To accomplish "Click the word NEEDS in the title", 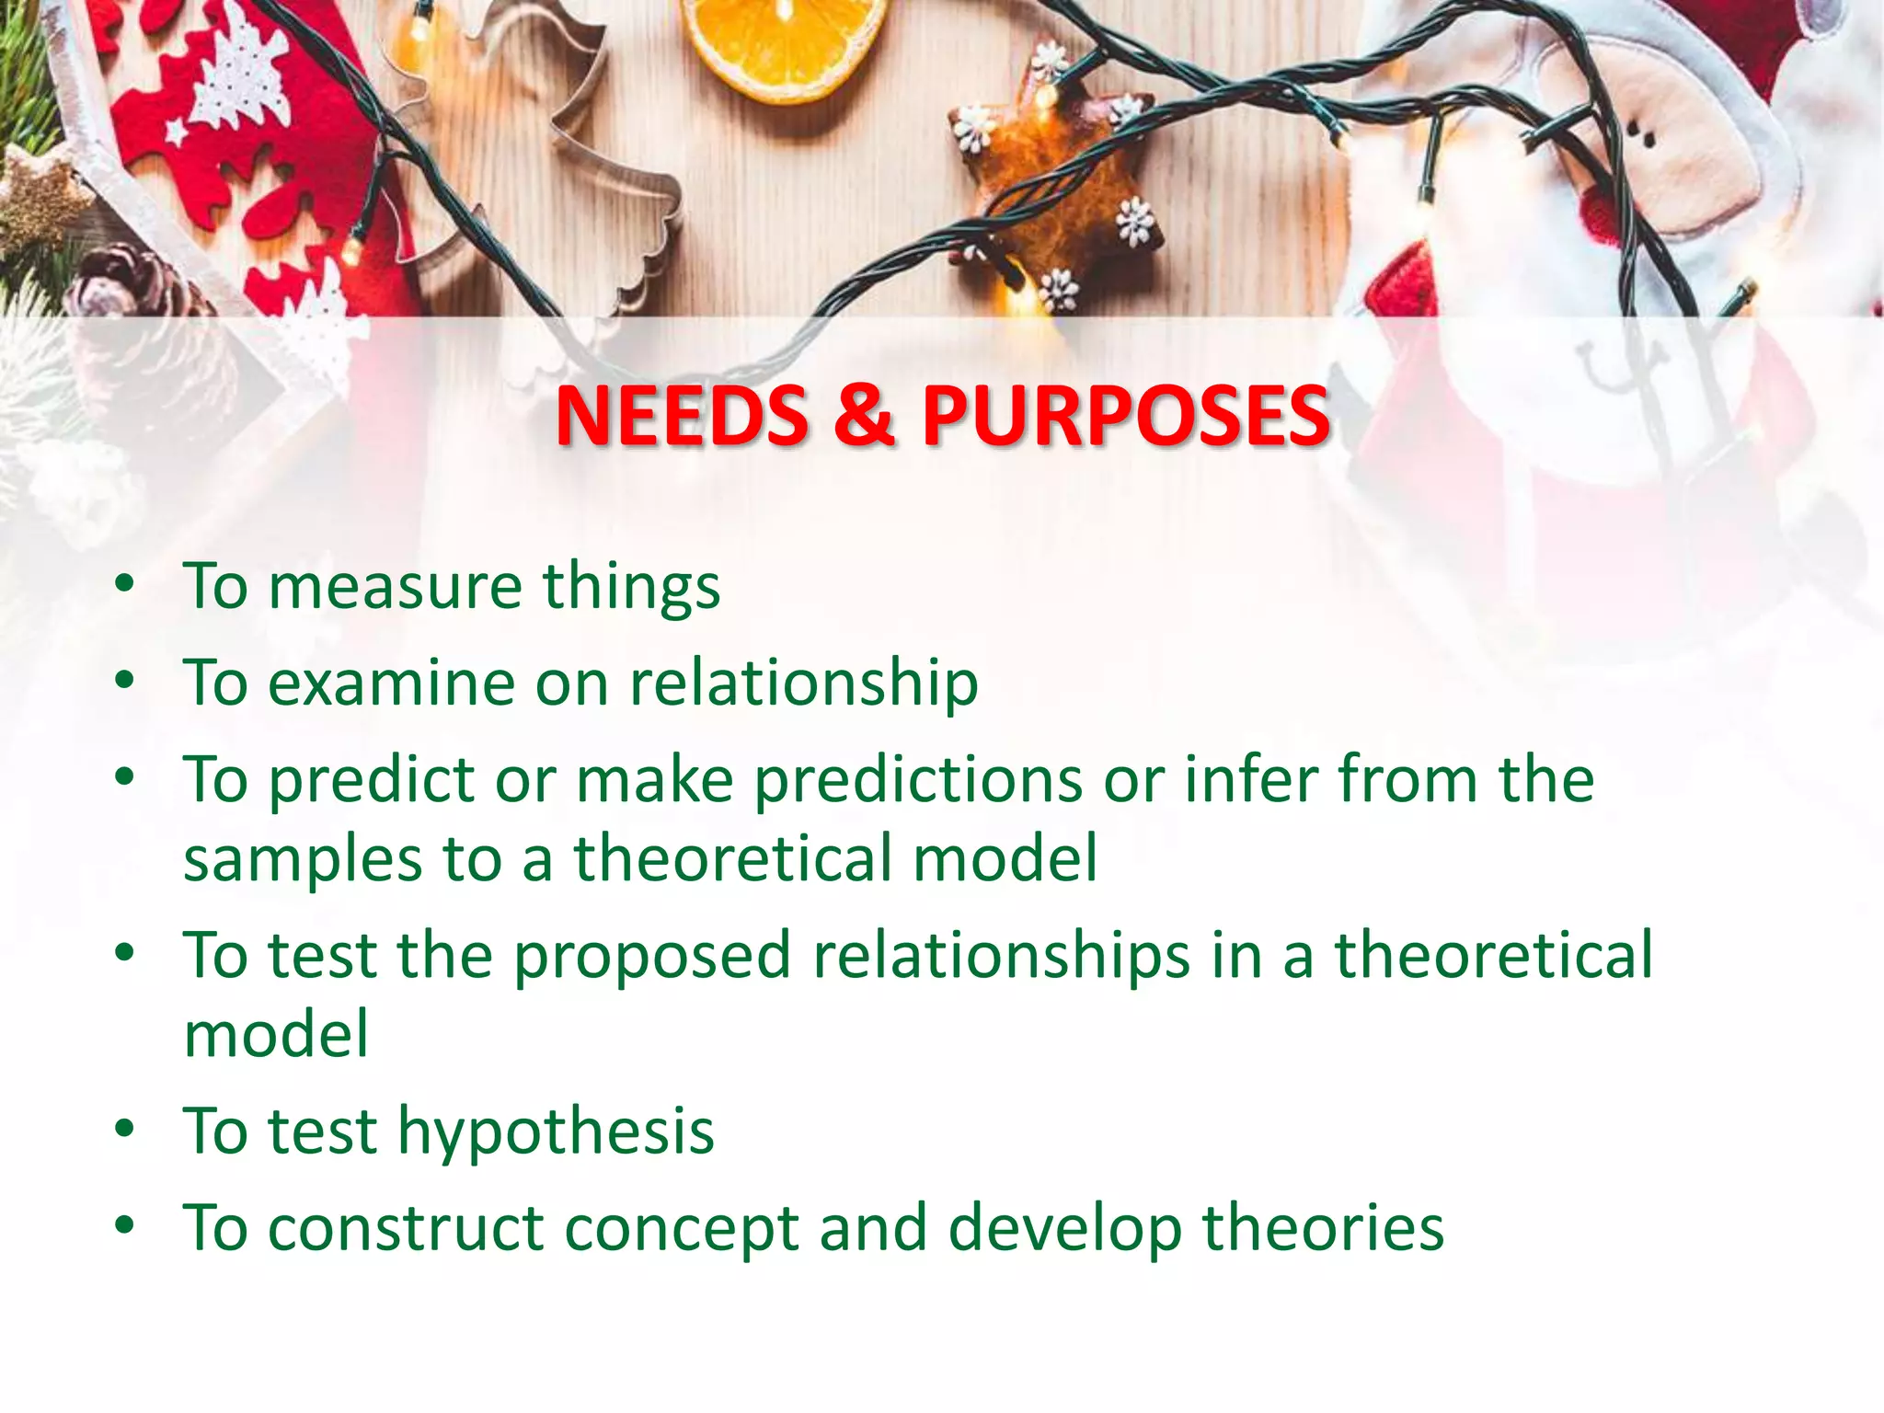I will [682, 416].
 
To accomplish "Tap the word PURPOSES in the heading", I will [1125, 416].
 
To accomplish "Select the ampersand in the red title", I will [863, 416].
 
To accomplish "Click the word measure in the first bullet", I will [395, 587].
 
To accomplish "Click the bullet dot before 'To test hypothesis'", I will [125, 1129].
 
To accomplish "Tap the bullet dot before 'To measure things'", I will [125, 584].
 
